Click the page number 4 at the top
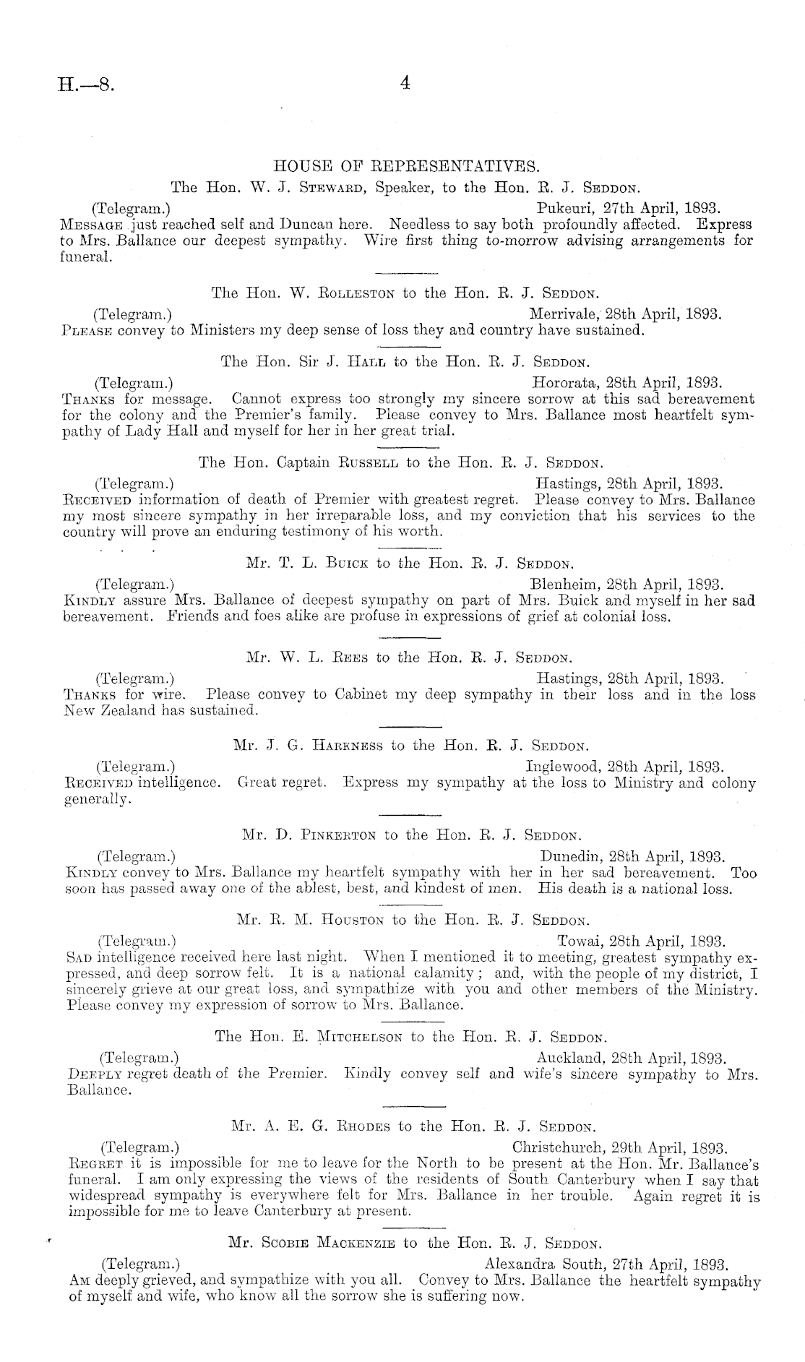(x=405, y=83)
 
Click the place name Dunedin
(x=571, y=857)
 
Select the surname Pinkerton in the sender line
(x=338, y=836)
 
